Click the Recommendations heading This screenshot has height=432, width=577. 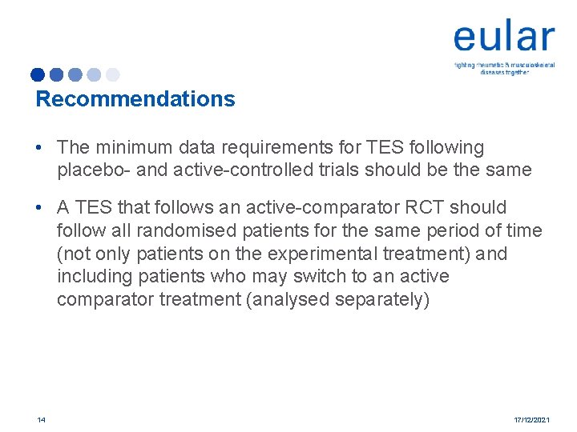(135, 99)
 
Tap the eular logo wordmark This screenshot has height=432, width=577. (503, 38)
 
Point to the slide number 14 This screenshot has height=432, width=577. (41, 420)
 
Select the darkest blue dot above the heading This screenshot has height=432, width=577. (38, 75)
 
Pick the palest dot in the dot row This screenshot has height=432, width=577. (112, 75)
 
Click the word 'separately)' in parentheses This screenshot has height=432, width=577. (388, 299)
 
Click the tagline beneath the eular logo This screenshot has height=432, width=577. (505, 68)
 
